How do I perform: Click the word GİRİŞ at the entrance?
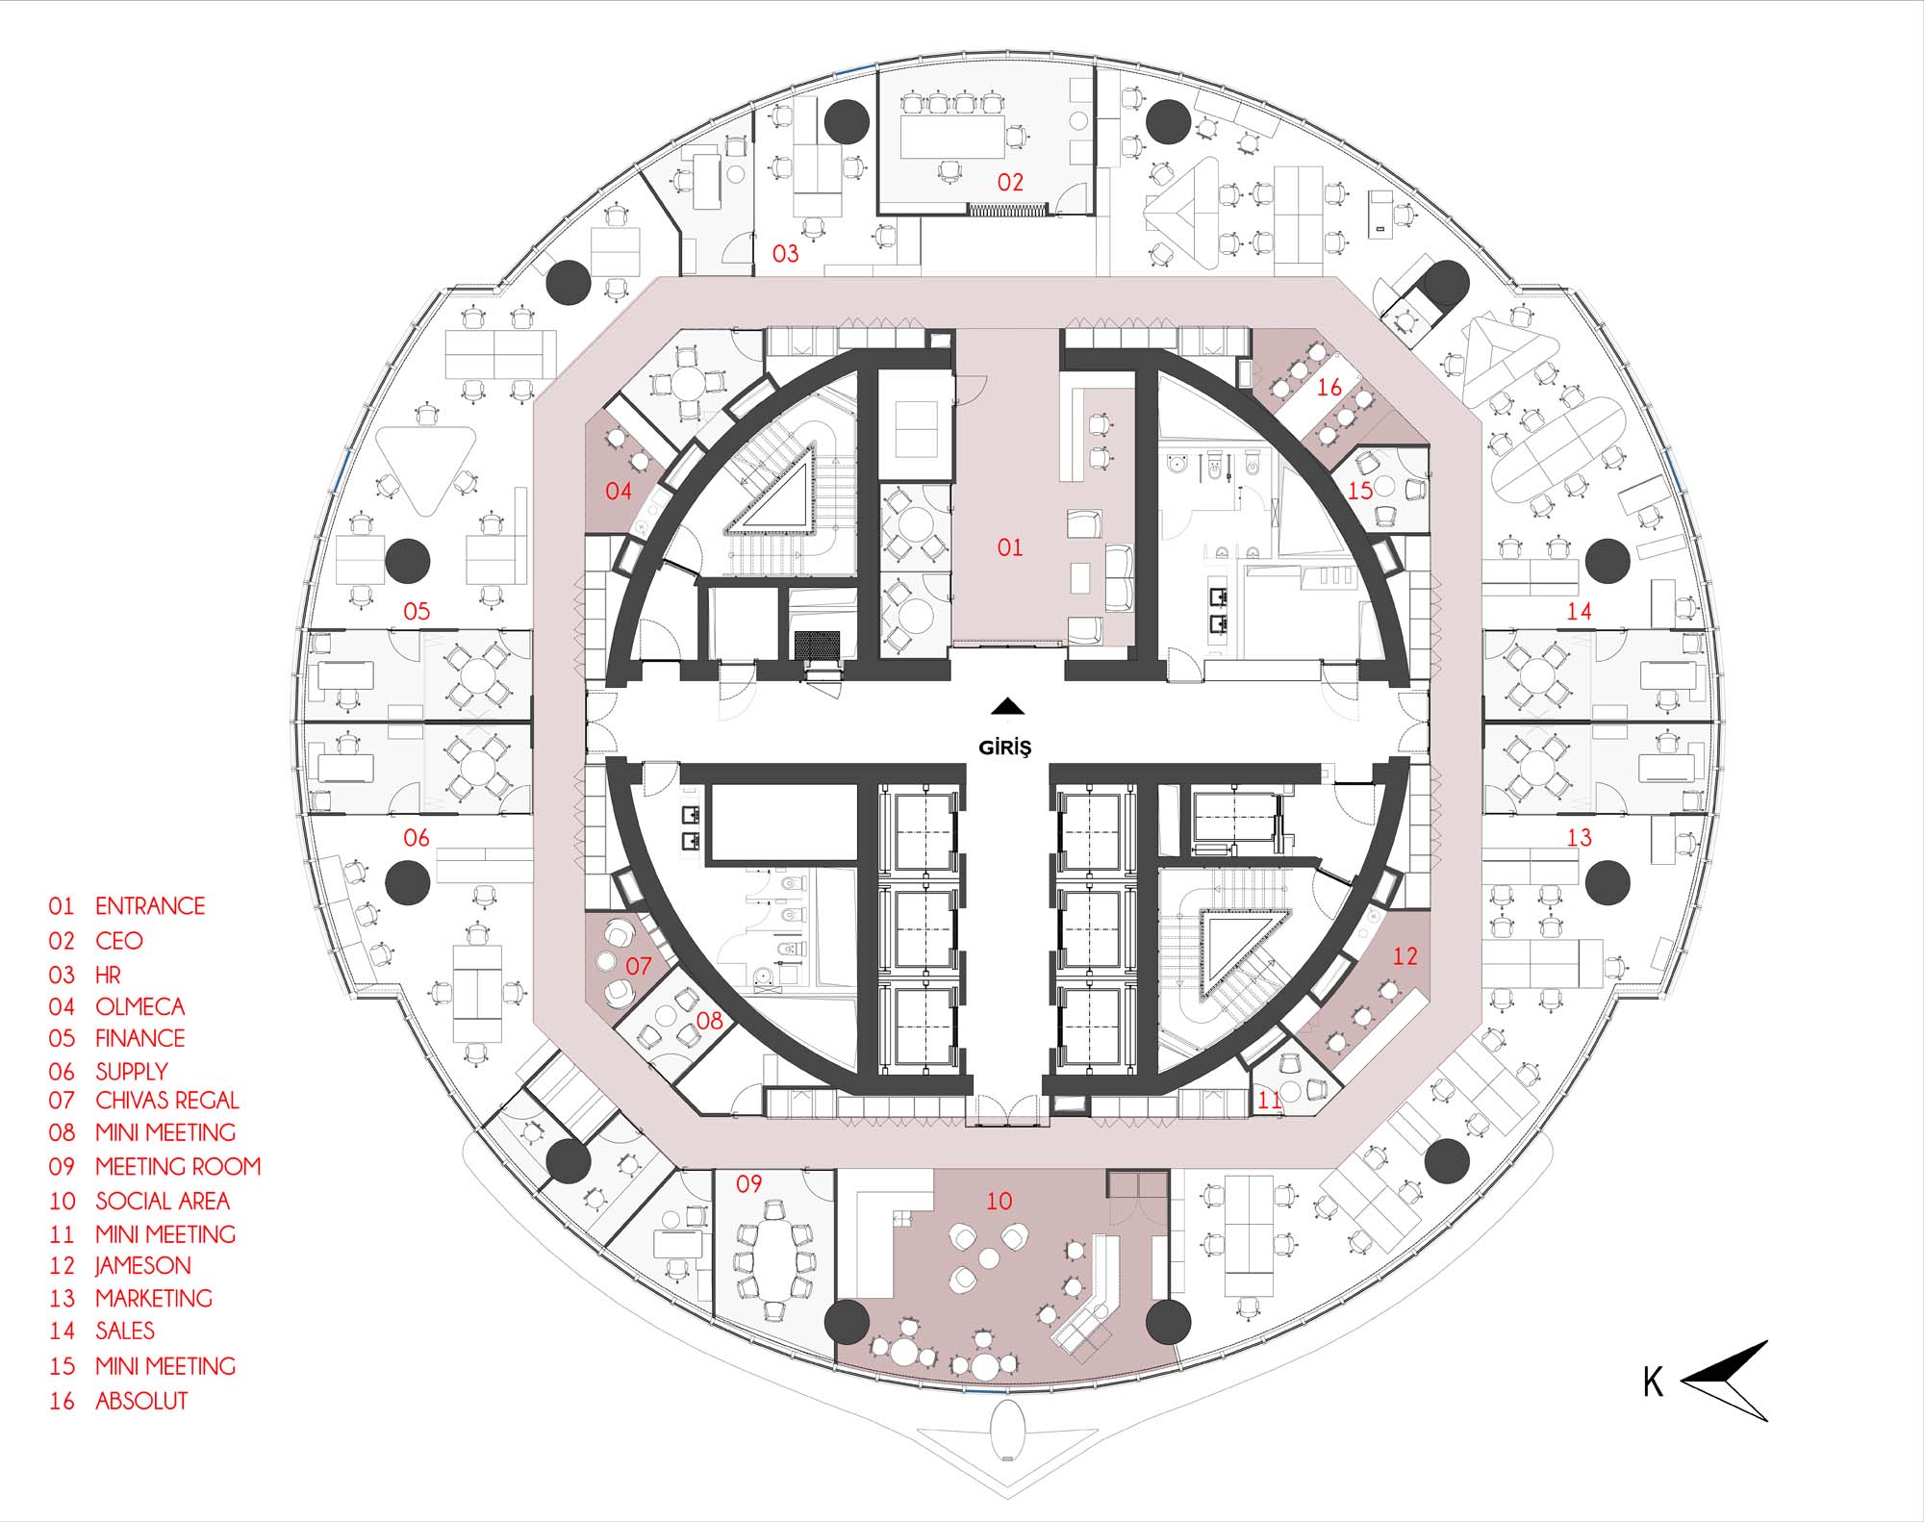pyautogui.click(x=1004, y=747)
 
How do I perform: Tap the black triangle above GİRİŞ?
pyautogui.click(x=1007, y=706)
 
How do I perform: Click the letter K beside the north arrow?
pyautogui.click(x=1653, y=1382)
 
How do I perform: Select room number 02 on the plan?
pyautogui.click(x=1010, y=182)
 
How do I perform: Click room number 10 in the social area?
pyautogui.click(x=999, y=1201)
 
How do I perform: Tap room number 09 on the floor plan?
pyautogui.click(x=748, y=1183)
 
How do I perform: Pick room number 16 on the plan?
pyautogui.click(x=1329, y=387)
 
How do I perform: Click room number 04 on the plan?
pyautogui.click(x=618, y=491)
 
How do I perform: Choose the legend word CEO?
pyautogui.click(x=119, y=940)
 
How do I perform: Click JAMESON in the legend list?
pyautogui.click(x=143, y=1265)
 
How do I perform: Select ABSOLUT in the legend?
pyautogui.click(x=141, y=1401)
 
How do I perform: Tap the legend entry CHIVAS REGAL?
pyautogui.click(x=167, y=1100)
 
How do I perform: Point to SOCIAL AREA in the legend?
pyautogui.click(x=163, y=1201)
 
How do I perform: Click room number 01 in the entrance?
pyautogui.click(x=1010, y=547)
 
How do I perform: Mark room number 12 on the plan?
pyautogui.click(x=1405, y=955)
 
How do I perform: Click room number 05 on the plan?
pyautogui.click(x=416, y=611)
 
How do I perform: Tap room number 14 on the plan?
pyautogui.click(x=1579, y=611)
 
